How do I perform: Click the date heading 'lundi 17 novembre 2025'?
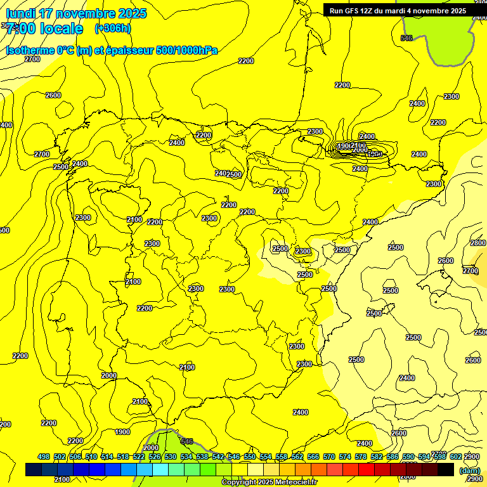pyautogui.click(x=76, y=13)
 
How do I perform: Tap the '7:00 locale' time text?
pyautogui.click(x=44, y=29)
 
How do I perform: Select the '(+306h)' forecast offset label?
pyautogui.click(x=112, y=28)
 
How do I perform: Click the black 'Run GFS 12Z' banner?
pyautogui.click(x=398, y=10)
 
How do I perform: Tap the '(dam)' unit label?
pyautogui.click(x=470, y=471)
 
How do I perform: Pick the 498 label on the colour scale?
pyautogui.click(x=44, y=457)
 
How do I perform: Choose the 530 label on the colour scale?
pyautogui.click(x=171, y=457)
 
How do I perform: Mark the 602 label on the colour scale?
pyautogui.click(x=456, y=457)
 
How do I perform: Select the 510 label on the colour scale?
pyautogui.click(x=91, y=457)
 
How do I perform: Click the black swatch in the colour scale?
pyautogui.click(x=446, y=469)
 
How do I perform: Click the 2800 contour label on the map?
pyautogui.click(x=477, y=243)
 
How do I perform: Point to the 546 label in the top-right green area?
pyautogui.click(x=406, y=38)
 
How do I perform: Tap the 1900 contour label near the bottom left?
pyautogui.click(x=122, y=432)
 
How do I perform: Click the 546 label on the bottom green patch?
pyautogui.click(x=186, y=441)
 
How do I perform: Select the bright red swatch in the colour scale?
pyautogui.click(x=367, y=469)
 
